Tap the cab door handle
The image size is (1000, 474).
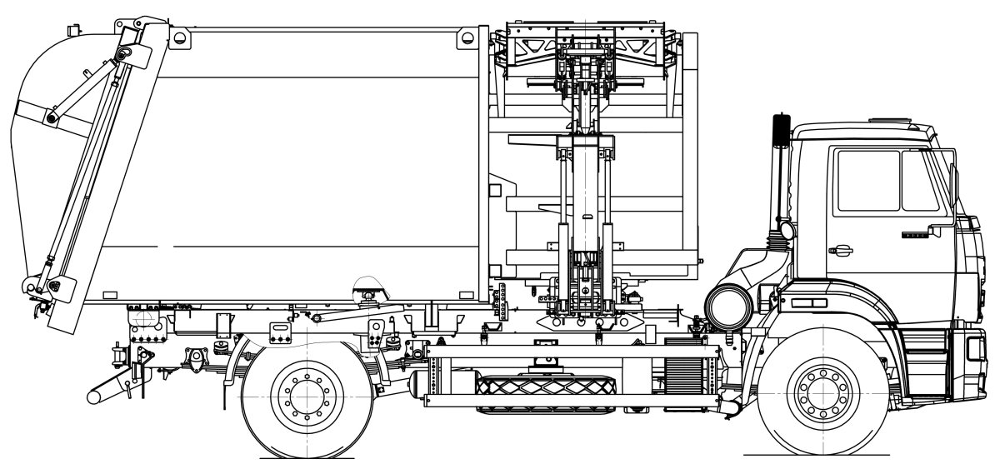point(840,248)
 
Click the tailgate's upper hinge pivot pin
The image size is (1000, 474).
point(126,55)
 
